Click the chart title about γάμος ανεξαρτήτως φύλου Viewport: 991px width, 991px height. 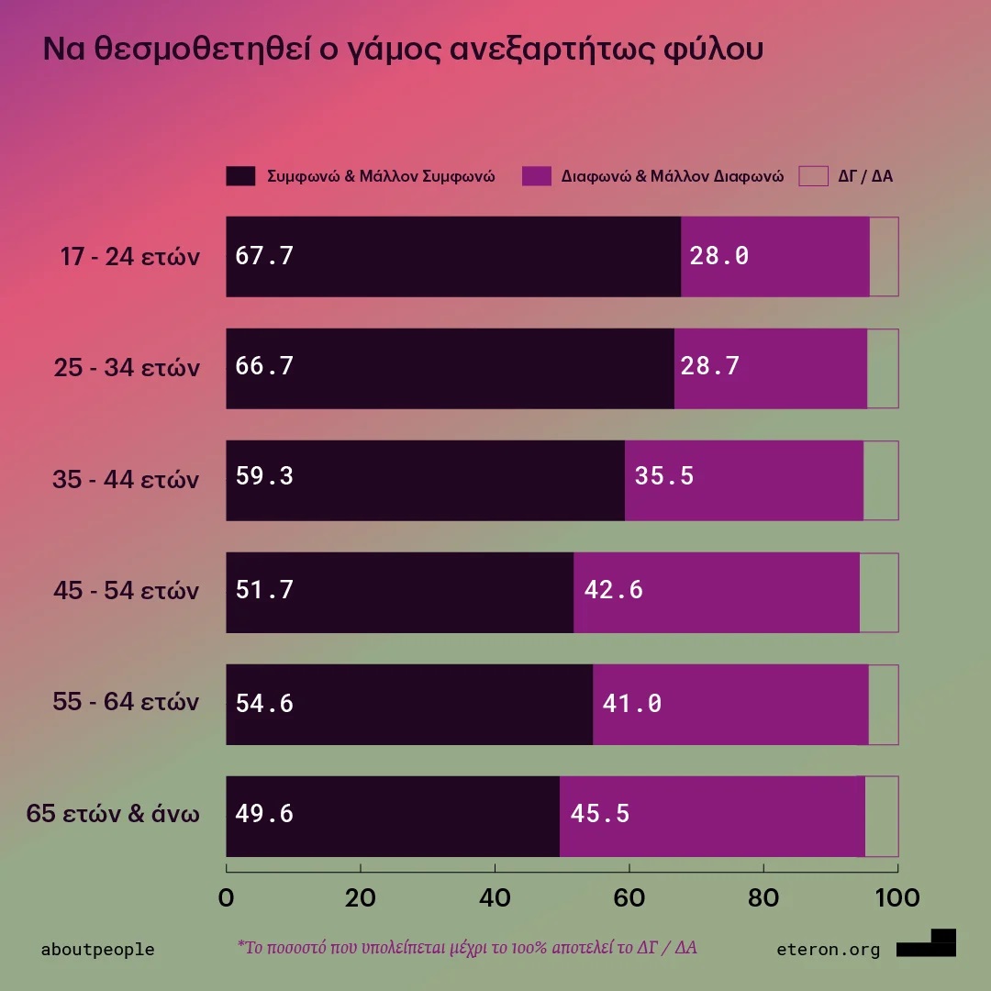403,50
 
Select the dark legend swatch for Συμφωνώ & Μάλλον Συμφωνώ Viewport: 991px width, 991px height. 240,176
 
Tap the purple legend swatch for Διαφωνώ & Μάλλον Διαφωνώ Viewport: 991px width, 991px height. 536,176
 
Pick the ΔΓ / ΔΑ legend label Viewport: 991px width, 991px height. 864,176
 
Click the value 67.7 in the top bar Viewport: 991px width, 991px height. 264,256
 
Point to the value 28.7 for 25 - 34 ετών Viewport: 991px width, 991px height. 709,367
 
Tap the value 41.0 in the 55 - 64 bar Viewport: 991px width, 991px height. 631,704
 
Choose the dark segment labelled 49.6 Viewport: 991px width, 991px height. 393,816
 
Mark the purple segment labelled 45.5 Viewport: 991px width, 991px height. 712,816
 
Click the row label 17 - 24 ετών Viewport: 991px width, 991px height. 129,257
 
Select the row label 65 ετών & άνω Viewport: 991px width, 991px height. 113,814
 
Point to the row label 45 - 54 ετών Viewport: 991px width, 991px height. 126,591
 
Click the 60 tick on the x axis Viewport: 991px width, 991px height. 629,897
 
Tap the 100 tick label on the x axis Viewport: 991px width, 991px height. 896,897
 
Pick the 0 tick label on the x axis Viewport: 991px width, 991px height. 227,897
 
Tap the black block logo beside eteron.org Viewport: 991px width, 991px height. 927,943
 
